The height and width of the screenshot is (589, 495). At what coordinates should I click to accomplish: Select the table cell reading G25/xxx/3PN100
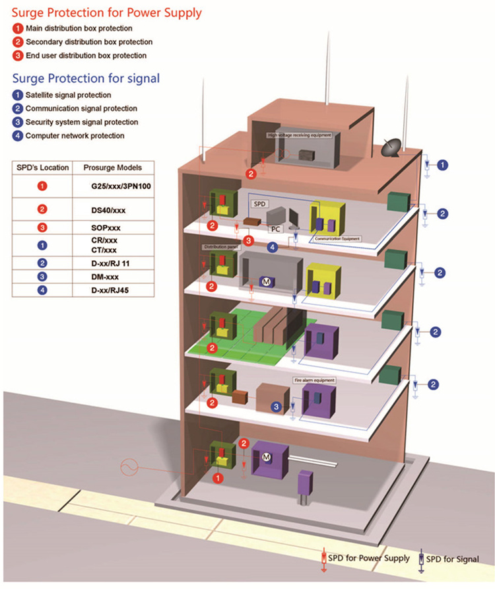pos(121,187)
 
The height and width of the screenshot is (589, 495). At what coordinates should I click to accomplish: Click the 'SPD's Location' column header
pos(42,167)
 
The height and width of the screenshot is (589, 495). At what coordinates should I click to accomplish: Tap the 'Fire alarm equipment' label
pos(314,381)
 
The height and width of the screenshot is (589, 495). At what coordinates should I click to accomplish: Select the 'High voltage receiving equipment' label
pos(299,135)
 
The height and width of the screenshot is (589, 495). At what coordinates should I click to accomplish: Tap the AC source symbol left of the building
pos(129,468)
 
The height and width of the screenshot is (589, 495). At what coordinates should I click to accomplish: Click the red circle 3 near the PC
pos(248,240)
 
